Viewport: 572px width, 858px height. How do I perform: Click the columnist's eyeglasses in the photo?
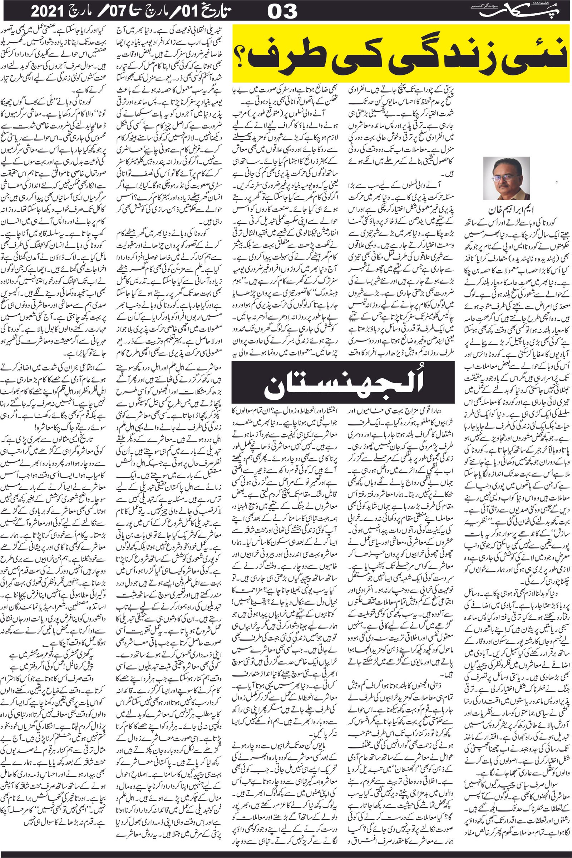[501, 178]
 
